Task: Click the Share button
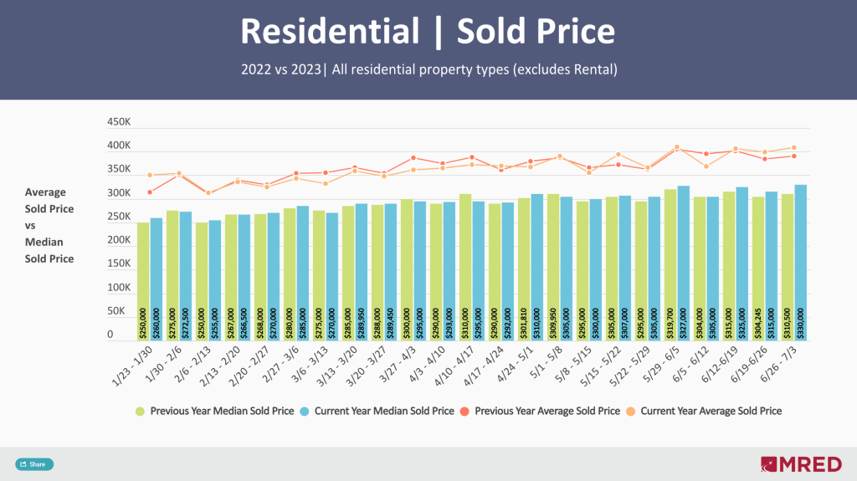click(33, 464)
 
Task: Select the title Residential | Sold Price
click(428, 32)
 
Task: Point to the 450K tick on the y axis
click(119, 122)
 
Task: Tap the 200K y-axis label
click(119, 240)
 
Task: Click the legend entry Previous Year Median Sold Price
click(215, 411)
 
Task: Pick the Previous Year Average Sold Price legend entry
click(547, 411)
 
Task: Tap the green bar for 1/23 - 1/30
click(143, 281)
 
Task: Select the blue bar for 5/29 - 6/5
click(683, 263)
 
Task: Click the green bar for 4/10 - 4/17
click(464, 267)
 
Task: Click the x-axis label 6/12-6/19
click(719, 366)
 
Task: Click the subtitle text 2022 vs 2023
click(280, 69)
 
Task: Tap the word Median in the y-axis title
click(44, 242)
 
